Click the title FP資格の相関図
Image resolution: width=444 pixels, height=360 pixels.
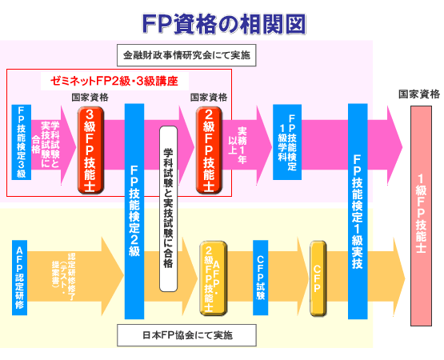tap(222, 23)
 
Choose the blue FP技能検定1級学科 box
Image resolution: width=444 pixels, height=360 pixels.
tap(286, 141)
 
